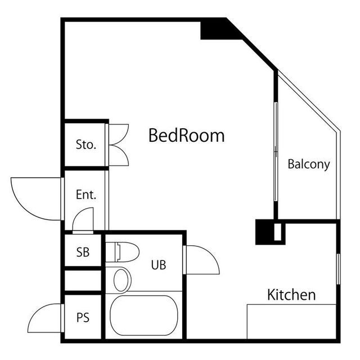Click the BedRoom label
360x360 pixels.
(186, 136)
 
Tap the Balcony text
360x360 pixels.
(309, 164)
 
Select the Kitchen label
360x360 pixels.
(291, 295)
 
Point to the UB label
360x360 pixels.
(159, 265)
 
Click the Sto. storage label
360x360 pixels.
(86, 145)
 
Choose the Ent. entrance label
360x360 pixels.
(86, 195)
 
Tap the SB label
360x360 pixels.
(83, 252)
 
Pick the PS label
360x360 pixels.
(83, 318)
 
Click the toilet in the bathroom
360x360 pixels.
(122, 251)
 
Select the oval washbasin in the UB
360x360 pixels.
(121, 280)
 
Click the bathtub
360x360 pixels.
(144, 316)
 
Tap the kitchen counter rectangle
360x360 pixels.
(291, 321)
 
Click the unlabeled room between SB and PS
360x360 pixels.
(83, 280)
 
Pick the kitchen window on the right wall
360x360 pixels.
(338, 269)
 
